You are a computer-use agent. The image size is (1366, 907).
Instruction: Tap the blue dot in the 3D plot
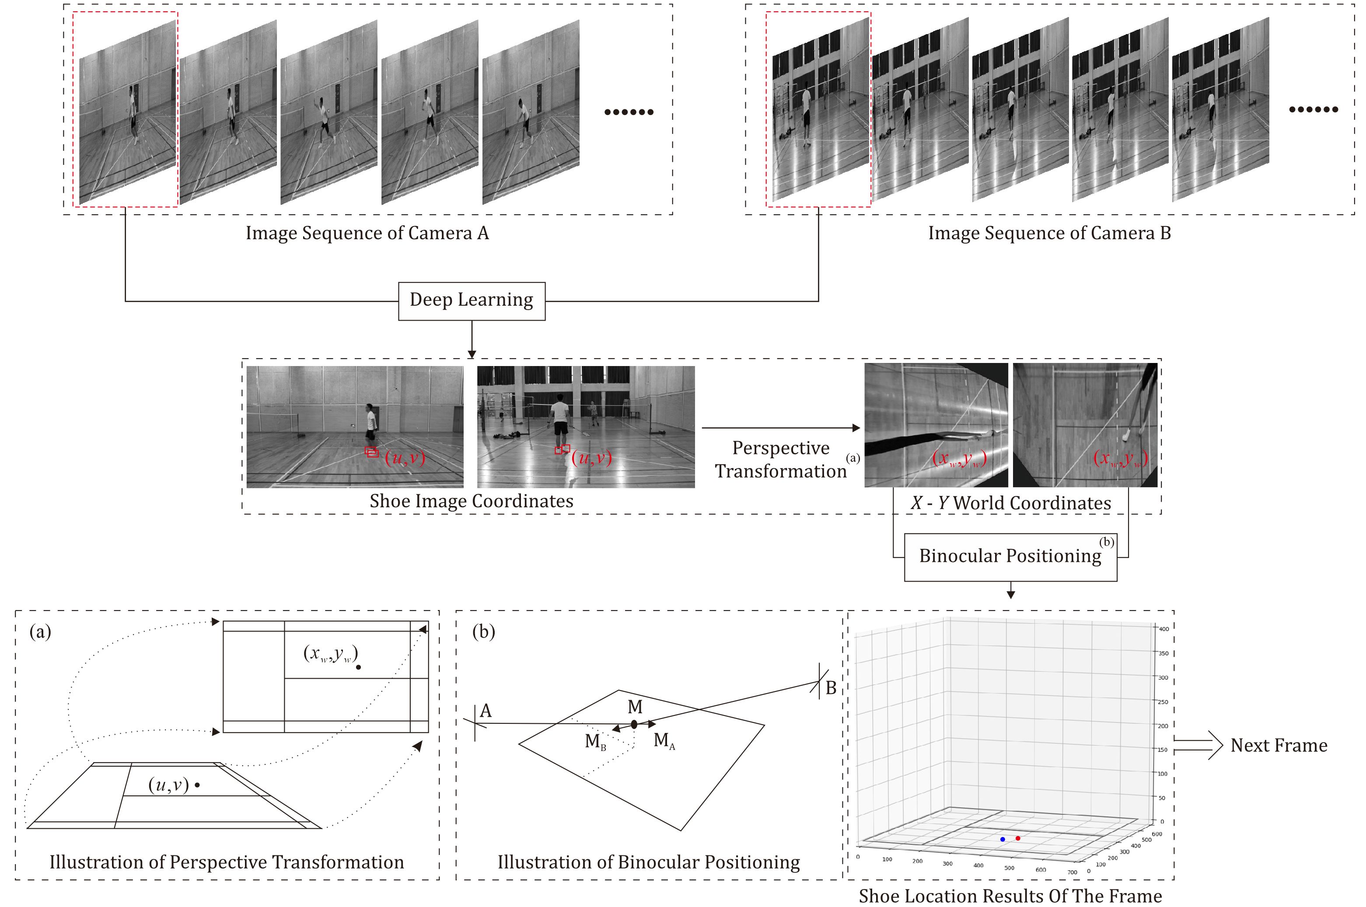tap(1003, 839)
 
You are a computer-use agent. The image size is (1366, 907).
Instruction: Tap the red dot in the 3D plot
tap(1018, 837)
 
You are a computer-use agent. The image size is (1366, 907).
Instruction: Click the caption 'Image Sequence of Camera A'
tap(367, 233)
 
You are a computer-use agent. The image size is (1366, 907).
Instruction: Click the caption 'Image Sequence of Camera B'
tap(1049, 233)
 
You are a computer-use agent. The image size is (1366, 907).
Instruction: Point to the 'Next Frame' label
tap(1279, 746)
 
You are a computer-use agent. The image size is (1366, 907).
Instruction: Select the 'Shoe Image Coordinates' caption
tap(472, 501)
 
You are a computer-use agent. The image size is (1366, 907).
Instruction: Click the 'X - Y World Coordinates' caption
tap(1011, 502)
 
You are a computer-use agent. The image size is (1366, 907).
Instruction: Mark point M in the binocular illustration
tap(634, 724)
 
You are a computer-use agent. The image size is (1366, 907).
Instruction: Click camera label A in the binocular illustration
tap(486, 711)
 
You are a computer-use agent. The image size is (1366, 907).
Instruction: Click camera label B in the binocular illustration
tap(831, 688)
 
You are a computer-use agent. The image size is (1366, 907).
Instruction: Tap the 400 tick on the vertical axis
tap(1163, 629)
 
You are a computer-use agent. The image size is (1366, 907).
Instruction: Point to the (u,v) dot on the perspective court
tap(197, 785)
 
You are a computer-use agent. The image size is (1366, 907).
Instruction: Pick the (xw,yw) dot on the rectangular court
tap(358, 667)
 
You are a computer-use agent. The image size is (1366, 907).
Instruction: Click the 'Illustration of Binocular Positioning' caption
tap(649, 862)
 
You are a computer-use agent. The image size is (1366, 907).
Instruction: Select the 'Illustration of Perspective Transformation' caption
tap(227, 862)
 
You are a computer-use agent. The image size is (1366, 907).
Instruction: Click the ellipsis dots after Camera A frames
tap(629, 112)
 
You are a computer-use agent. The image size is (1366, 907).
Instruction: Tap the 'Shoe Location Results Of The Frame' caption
tap(1010, 896)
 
